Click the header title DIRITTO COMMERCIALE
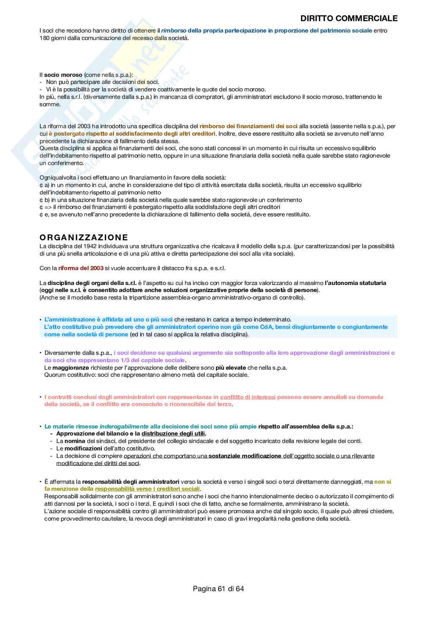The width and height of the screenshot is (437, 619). tap(349, 18)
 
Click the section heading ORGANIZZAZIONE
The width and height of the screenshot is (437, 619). tap(84, 237)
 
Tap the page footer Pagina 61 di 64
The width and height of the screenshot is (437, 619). tap(218, 588)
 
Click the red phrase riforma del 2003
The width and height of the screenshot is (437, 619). tap(81, 268)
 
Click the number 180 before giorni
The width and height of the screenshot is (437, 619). tap(45, 38)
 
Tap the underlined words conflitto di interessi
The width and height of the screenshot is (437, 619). tap(247, 397)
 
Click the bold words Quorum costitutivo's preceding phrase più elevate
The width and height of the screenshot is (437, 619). tap(231, 368)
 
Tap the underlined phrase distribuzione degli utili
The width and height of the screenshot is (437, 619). tap(173, 434)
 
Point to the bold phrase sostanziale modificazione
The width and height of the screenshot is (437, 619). tap(245, 456)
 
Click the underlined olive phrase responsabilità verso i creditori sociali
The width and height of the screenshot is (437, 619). tap(147, 489)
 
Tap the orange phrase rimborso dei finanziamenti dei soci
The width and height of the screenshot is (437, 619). tap(249, 126)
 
